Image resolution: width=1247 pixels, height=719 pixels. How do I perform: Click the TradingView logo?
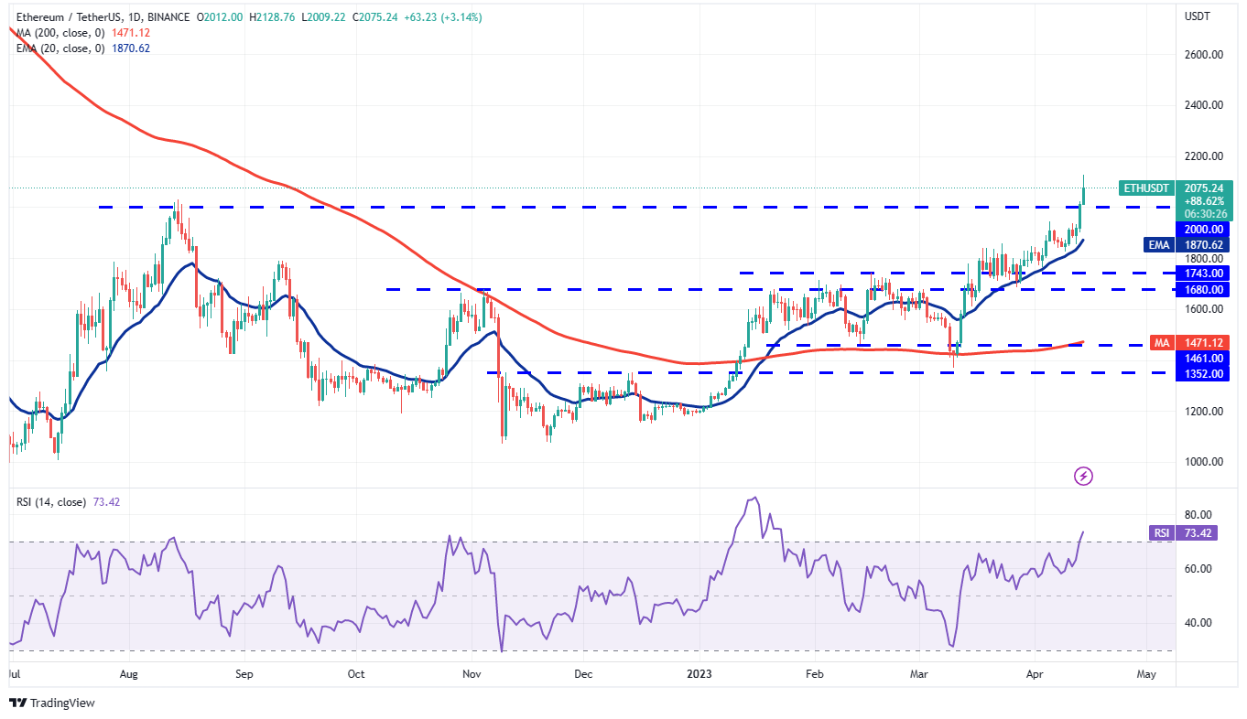52,703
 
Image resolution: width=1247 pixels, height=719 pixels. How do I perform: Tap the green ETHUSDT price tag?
1145,188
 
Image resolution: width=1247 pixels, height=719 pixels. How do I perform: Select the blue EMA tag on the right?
1159,245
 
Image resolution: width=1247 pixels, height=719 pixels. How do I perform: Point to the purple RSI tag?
1159,532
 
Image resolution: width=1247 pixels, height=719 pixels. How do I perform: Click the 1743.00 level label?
1202,273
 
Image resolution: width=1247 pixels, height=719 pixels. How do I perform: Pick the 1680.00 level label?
1202,289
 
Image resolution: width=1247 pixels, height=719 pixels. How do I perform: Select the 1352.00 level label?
1202,372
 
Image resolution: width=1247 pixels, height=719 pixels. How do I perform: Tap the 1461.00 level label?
1202,358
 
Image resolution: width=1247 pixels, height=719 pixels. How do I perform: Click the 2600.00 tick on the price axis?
1202,54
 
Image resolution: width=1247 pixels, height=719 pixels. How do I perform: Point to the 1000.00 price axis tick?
1202,461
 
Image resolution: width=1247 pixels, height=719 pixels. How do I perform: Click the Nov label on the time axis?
472,675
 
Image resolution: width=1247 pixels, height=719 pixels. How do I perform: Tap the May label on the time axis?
1146,675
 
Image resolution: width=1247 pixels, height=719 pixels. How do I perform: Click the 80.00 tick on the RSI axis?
1198,514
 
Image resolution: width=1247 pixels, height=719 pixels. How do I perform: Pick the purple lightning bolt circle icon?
1083,476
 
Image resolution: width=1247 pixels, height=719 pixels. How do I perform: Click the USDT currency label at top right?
1198,16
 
